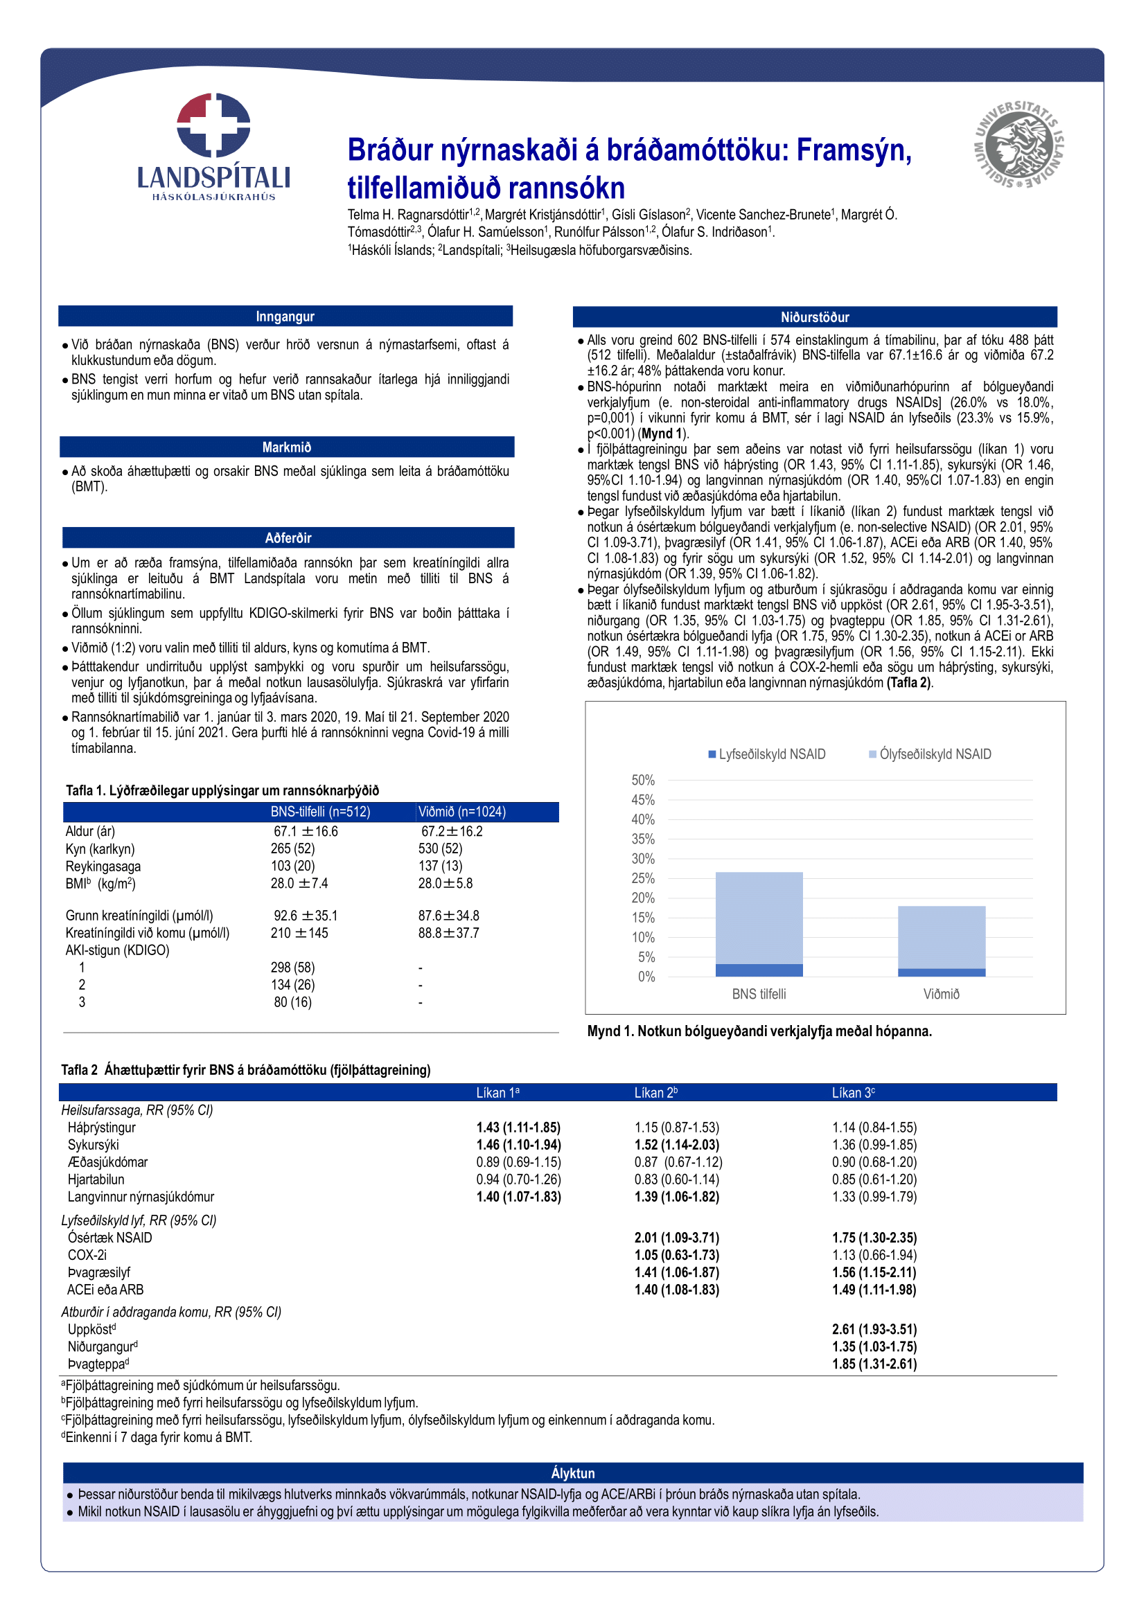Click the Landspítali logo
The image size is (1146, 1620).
click(213, 146)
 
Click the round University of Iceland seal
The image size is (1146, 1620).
click(1018, 145)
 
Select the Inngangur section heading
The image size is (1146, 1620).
click(285, 317)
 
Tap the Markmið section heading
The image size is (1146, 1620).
click(287, 447)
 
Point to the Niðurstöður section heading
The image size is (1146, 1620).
click(814, 317)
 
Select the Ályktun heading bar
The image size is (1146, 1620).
click(572, 1473)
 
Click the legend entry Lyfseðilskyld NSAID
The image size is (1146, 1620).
click(771, 754)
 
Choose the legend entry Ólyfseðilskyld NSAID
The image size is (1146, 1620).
click(934, 754)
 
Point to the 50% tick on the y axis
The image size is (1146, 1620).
click(643, 781)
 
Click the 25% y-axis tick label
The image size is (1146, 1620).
click(643, 878)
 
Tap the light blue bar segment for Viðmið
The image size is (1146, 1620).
click(941, 937)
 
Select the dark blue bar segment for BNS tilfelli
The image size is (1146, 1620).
click(759, 970)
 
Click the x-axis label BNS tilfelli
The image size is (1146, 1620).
click(759, 994)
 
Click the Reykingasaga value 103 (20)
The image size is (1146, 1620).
click(293, 866)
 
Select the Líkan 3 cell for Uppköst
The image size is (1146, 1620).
click(874, 1329)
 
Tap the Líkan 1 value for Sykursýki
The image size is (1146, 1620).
click(518, 1144)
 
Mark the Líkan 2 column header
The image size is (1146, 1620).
click(655, 1093)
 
